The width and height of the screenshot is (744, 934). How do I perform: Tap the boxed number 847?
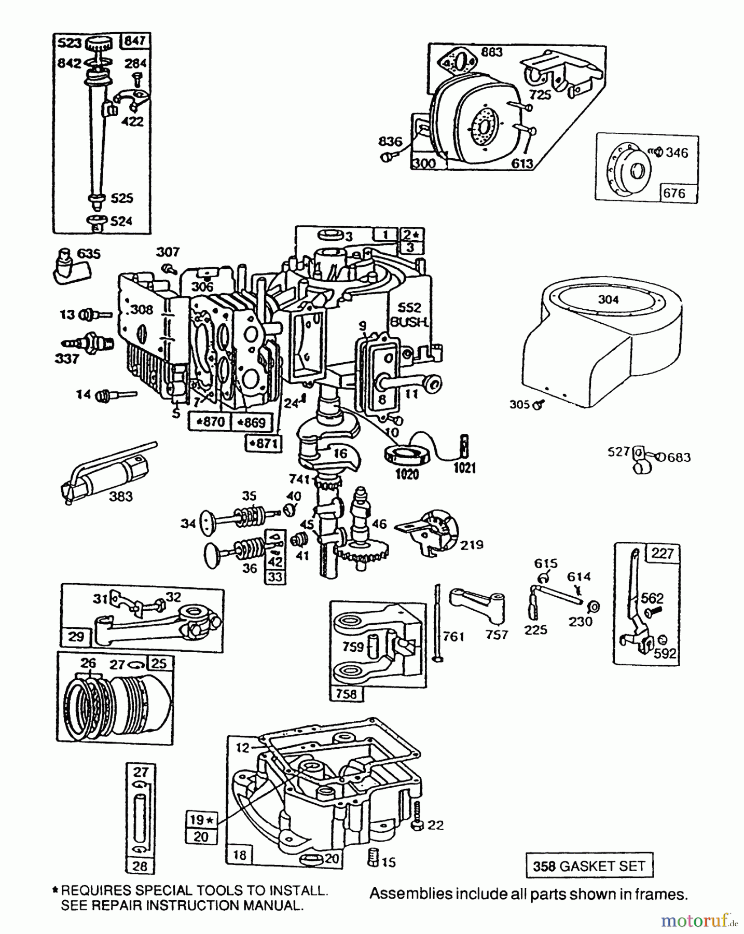click(x=135, y=40)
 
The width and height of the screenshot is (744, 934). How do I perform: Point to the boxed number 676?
click(x=674, y=194)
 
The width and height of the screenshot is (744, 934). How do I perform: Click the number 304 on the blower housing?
click(x=608, y=299)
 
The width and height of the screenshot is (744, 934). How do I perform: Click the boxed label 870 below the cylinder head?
click(x=209, y=421)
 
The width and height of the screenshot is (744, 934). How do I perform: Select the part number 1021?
click(x=464, y=468)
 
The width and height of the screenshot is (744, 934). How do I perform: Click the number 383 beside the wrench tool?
click(x=120, y=497)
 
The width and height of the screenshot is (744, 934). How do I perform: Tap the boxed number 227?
click(x=662, y=553)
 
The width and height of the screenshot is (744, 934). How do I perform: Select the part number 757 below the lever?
click(x=497, y=635)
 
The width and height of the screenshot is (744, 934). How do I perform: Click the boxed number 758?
click(x=347, y=694)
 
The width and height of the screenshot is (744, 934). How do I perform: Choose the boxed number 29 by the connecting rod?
click(x=76, y=637)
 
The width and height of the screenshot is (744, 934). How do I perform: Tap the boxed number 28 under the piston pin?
click(x=140, y=866)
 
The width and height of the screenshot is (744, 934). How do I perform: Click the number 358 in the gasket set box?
click(x=544, y=866)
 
